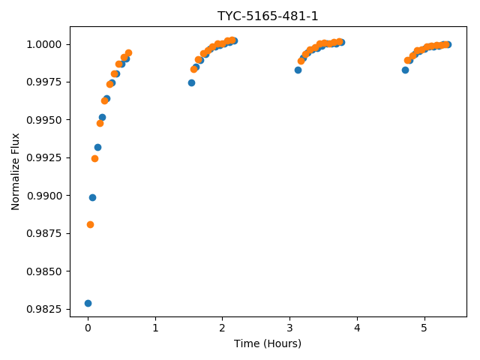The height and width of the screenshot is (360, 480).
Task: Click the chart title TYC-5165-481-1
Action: (x=268, y=16)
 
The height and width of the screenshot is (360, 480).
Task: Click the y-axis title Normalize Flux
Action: (x=15, y=172)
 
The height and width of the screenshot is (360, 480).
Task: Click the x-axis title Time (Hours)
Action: (x=268, y=343)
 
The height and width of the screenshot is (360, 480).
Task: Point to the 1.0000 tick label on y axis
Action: (x=44, y=45)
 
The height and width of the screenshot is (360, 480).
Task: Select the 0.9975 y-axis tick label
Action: (x=44, y=82)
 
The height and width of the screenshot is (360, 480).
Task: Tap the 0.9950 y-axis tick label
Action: (x=44, y=120)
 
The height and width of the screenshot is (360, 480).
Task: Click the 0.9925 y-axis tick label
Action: (x=44, y=158)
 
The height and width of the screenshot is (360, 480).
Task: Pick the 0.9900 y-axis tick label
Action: (x=44, y=196)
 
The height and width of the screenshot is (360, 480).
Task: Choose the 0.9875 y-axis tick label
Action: (x=44, y=233)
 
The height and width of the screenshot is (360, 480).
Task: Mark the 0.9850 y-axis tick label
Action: (x=44, y=271)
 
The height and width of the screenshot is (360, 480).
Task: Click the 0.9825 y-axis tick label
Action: (x=44, y=309)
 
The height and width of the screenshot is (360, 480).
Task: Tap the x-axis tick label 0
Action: (x=88, y=328)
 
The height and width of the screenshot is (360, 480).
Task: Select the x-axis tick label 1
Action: (x=155, y=328)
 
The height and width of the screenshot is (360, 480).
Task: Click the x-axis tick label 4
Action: (x=357, y=328)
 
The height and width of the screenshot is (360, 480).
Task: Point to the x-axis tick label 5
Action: (x=424, y=328)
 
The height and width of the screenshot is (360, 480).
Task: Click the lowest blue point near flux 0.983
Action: (x=88, y=303)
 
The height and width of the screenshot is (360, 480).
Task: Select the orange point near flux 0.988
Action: (x=90, y=225)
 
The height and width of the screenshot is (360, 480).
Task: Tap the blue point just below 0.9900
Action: (x=92, y=198)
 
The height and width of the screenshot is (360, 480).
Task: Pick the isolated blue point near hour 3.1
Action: (x=298, y=70)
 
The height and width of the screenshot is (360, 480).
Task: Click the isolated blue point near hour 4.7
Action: (x=405, y=70)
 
